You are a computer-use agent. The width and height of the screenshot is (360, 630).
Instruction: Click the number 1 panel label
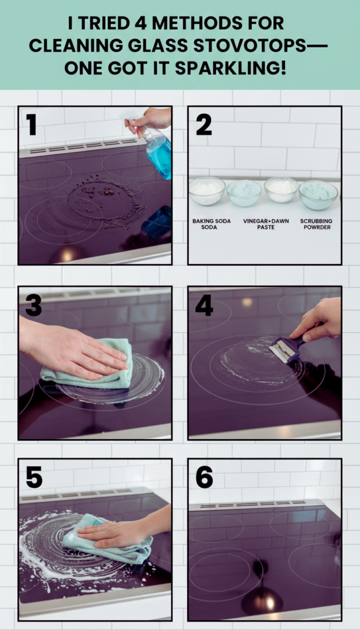(32, 124)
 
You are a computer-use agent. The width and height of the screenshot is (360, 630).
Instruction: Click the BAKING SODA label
(206, 224)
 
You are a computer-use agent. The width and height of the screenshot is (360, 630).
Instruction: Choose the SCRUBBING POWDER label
(316, 224)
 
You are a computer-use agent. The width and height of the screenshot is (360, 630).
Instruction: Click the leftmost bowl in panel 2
(207, 191)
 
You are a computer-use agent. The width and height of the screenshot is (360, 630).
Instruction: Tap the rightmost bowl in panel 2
(318, 194)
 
